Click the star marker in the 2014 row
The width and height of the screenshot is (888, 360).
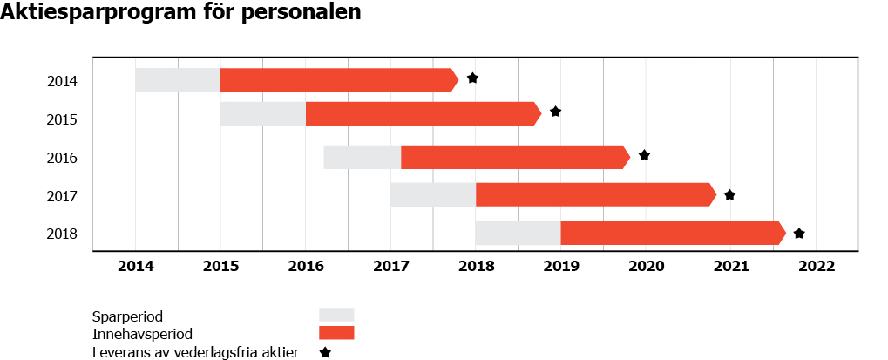pos(472,78)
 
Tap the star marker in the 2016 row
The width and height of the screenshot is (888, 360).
pos(644,155)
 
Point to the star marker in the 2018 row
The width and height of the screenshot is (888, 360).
pos(799,234)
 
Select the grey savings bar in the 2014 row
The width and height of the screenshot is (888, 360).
pos(178,79)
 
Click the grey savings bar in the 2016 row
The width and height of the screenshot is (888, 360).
pos(362,157)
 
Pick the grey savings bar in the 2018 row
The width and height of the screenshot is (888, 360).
pos(518,233)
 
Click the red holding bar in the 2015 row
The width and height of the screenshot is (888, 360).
pos(423,113)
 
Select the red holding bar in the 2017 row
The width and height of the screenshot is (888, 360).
pos(594,194)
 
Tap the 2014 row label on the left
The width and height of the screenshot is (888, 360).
pos(63,82)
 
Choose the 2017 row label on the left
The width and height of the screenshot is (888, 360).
pos(63,196)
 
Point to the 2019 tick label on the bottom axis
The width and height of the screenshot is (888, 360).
pos(560,266)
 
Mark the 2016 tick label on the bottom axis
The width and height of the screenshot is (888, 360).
pos(305,266)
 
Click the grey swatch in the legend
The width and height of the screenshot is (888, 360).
pos(336,315)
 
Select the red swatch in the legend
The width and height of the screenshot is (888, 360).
pos(336,333)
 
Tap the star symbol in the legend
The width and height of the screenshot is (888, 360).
pos(325,353)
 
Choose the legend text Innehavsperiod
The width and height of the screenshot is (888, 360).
pos(141,334)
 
